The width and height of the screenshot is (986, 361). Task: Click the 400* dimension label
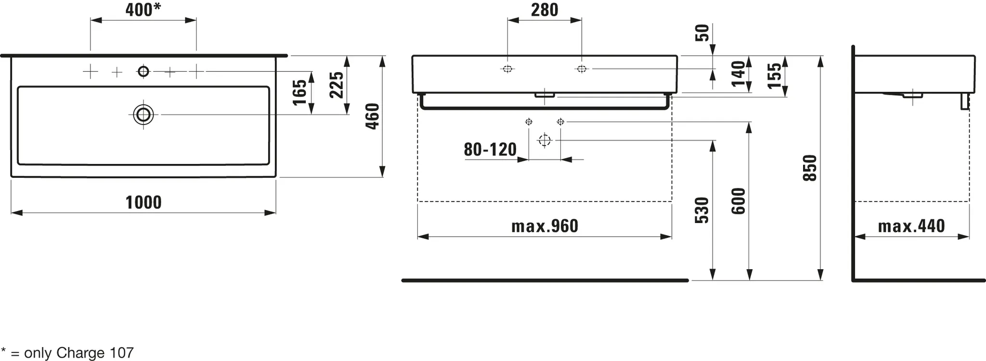[x=143, y=10]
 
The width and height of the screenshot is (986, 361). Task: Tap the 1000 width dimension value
[x=143, y=202]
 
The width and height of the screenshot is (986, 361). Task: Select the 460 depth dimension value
[x=373, y=116]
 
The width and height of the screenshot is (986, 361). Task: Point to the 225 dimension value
[x=336, y=85]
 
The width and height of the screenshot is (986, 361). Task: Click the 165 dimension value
[x=299, y=92]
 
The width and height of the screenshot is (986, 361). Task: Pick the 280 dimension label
[x=545, y=10]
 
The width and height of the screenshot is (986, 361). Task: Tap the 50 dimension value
[x=702, y=33]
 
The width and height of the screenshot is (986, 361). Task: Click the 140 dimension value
[x=738, y=74]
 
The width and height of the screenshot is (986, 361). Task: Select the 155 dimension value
[x=774, y=76]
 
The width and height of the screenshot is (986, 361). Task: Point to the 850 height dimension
[x=810, y=168]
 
